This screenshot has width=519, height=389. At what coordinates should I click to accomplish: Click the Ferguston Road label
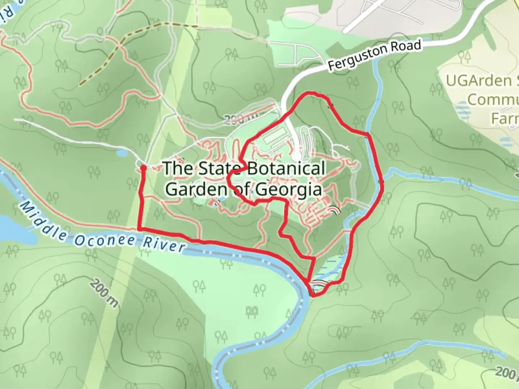[375, 56]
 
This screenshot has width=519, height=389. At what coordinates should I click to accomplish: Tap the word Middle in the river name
[43, 221]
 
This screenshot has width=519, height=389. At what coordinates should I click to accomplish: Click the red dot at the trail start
[143, 167]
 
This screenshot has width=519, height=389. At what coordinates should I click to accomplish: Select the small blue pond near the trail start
[121, 153]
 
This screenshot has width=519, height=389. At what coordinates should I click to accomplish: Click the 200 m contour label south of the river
[104, 293]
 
